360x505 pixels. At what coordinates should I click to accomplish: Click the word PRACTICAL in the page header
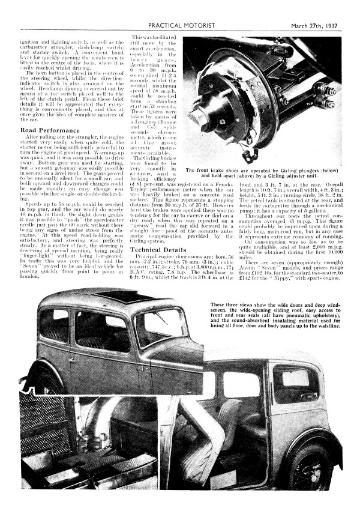coord(167,9)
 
